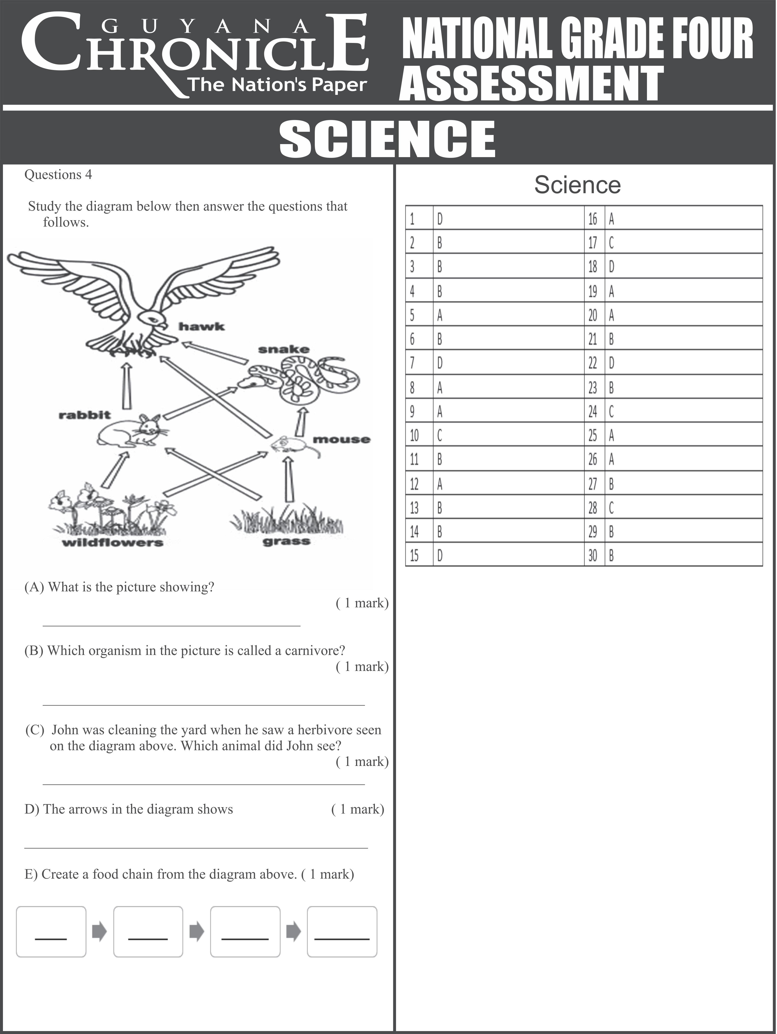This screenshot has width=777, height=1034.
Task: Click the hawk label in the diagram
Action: click(201, 326)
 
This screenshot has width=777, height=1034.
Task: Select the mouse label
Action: click(341, 439)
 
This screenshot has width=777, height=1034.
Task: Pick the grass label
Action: click(286, 541)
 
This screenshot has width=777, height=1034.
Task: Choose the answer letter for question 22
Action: click(612, 363)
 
